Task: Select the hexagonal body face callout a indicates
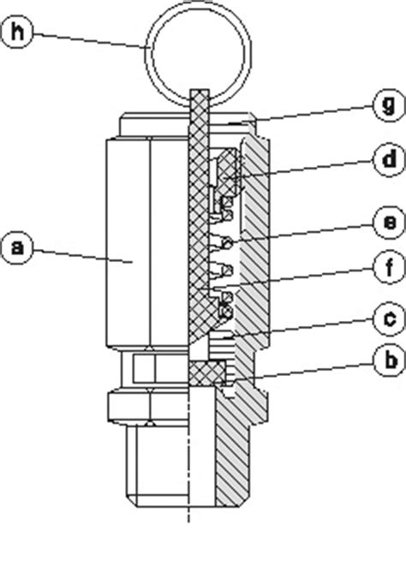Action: (x=128, y=257)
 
